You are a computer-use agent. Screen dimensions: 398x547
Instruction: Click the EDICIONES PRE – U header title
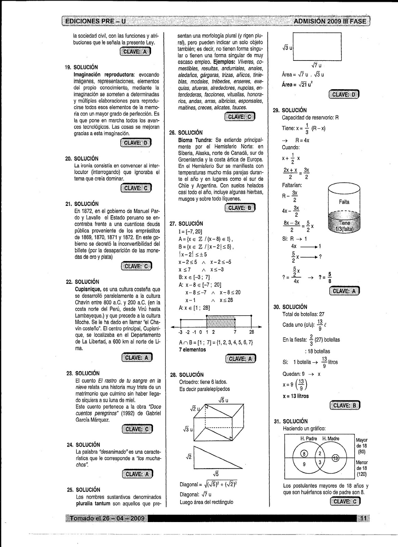95,21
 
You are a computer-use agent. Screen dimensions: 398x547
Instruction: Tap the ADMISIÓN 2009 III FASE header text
330,22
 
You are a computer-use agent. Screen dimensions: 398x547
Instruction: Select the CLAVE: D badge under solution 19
136,143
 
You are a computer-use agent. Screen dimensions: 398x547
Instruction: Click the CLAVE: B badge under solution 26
240,208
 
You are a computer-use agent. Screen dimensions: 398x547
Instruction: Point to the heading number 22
69,282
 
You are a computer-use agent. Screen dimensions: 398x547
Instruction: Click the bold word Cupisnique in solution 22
88,289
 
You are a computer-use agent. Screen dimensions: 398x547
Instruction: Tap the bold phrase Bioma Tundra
195,140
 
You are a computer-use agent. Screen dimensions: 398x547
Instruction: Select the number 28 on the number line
252,332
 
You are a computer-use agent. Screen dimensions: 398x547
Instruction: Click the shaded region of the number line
221,321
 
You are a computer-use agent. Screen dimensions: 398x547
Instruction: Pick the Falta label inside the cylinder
344,202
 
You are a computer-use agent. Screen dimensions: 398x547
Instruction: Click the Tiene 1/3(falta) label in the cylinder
344,226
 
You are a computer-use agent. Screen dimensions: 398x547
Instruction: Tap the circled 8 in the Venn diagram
304,454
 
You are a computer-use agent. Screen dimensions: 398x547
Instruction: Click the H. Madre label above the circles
331,439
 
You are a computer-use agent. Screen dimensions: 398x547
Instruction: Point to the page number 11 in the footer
363,518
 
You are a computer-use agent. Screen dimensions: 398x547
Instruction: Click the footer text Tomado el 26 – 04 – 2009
107,518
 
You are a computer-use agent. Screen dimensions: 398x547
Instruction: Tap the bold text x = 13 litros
296,396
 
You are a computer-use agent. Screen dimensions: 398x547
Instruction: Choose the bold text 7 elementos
192,349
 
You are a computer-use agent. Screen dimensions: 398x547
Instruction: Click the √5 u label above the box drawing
223,400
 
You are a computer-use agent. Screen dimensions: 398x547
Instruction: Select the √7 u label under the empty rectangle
317,65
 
